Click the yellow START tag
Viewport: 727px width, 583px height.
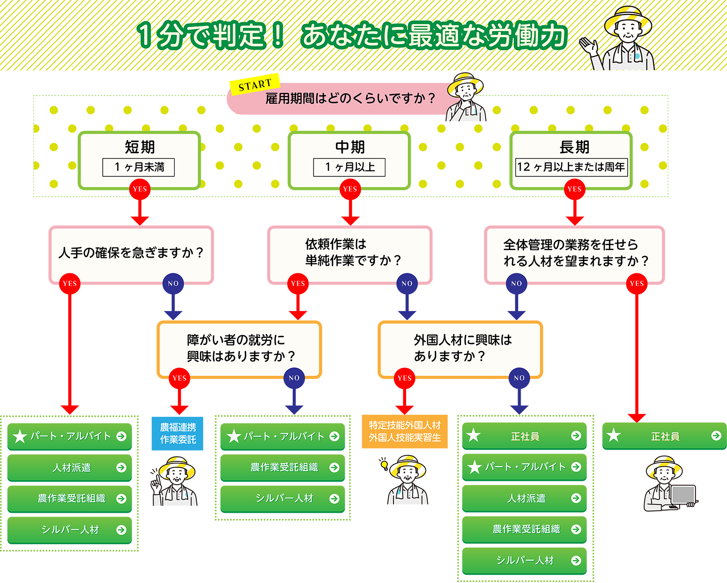tap(254, 85)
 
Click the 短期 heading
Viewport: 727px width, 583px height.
tap(140, 147)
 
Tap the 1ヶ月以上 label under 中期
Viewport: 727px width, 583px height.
tap(349, 167)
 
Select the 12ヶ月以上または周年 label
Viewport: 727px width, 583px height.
tap(571, 167)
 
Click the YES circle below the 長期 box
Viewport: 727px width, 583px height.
tap(574, 189)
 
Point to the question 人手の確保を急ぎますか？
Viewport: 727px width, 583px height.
tap(131, 252)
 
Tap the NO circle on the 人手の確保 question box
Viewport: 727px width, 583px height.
tap(173, 284)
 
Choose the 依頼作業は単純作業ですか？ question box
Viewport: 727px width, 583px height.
tap(349, 253)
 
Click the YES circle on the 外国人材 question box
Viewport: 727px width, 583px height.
tap(404, 378)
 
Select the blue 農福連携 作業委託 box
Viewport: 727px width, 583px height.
tap(178, 433)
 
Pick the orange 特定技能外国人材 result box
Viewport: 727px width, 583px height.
tap(405, 431)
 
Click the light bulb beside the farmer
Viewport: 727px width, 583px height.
tap(384, 464)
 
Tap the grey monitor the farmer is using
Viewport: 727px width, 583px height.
tap(683, 495)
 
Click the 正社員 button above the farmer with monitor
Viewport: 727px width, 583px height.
tap(664, 436)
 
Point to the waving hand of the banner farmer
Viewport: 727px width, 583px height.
tap(590, 47)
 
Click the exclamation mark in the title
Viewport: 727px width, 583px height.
tap(278, 36)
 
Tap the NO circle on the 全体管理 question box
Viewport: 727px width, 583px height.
tap(516, 284)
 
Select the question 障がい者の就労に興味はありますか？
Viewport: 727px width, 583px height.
tap(239, 348)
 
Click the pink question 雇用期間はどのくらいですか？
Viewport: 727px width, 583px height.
tap(350, 98)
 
